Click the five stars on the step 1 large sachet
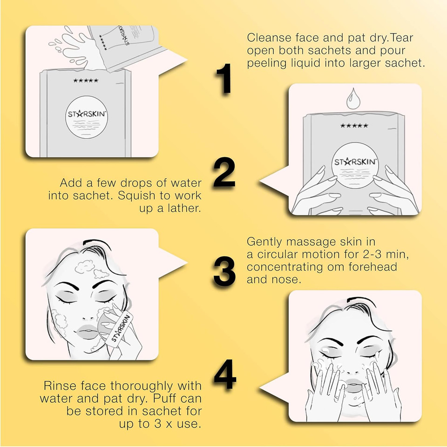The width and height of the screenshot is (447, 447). tap(86, 81)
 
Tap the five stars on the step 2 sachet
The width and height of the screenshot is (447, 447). tap(354, 125)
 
